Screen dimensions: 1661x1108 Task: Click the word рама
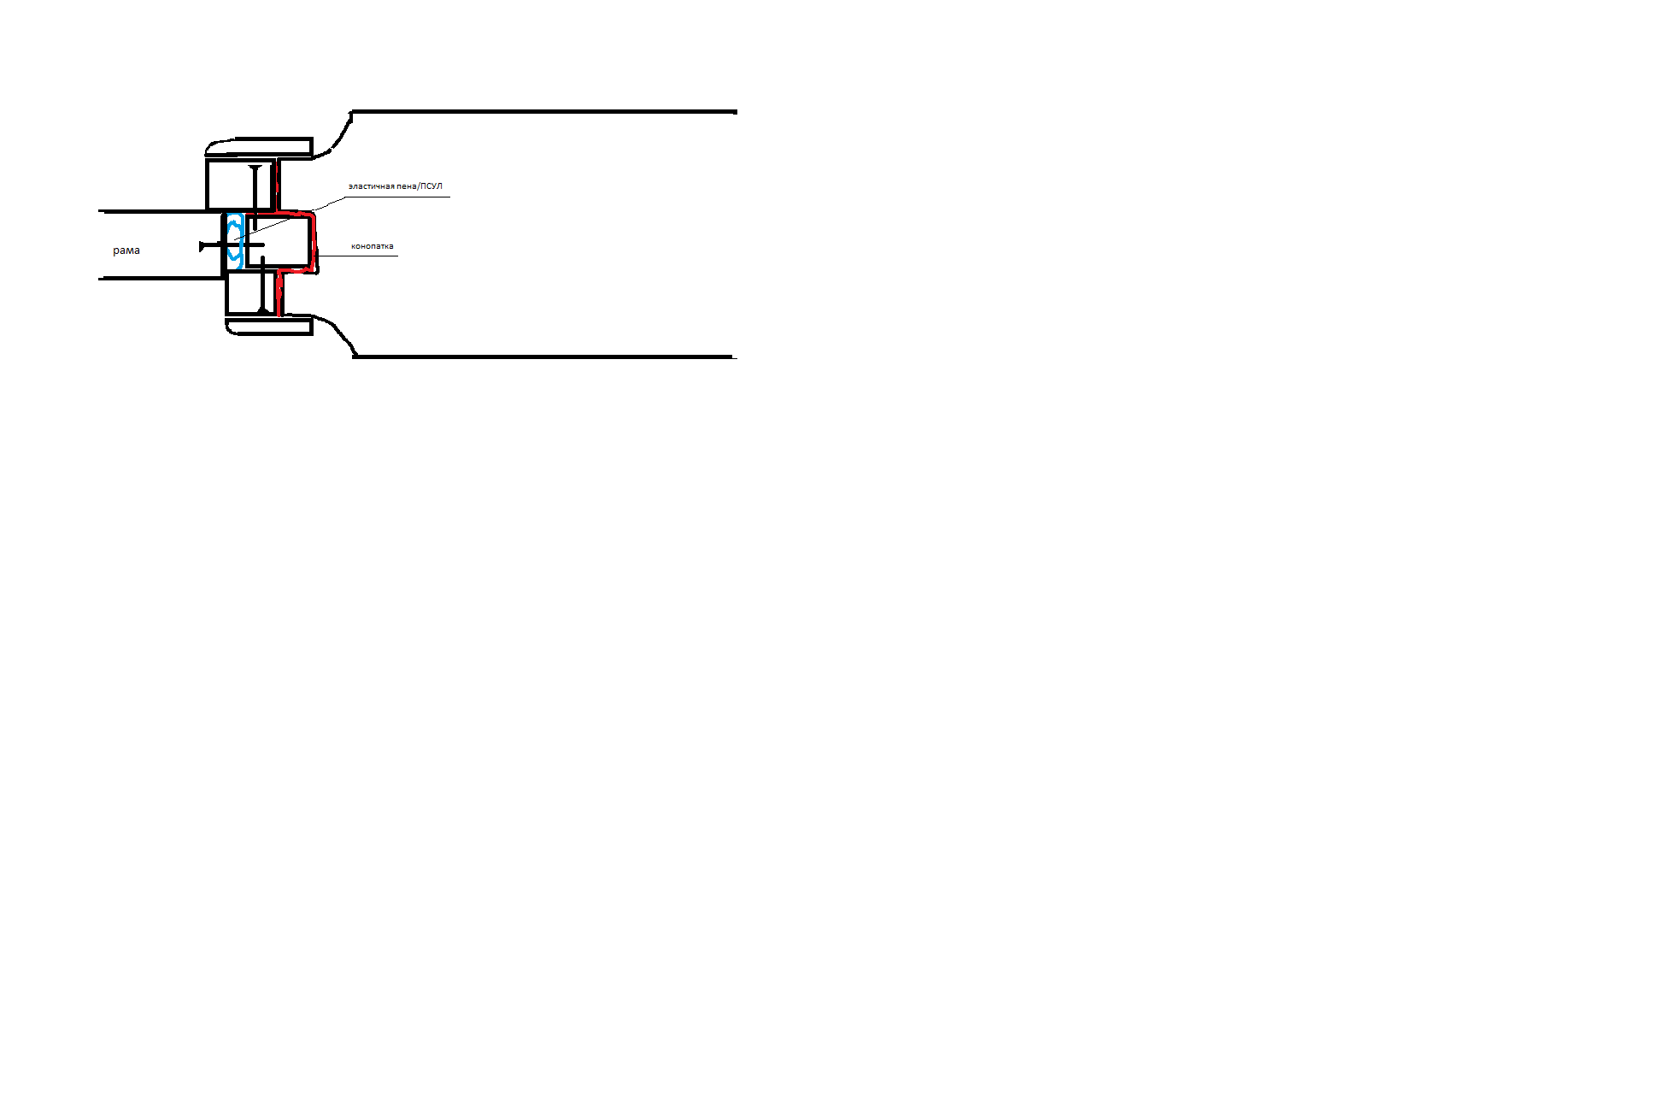pyautogui.click(x=126, y=250)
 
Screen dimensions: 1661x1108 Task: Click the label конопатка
pyautogui.click(x=373, y=246)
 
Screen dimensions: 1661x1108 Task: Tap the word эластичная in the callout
pyautogui.click(x=372, y=186)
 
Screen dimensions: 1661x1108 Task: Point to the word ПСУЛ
pyautogui.click(x=432, y=186)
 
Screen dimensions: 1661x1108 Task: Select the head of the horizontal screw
pyautogui.click(x=202, y=246)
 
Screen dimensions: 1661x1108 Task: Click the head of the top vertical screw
pyautogui.click(x=255, y=167)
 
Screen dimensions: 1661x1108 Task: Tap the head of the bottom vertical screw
pyautogui.click(x=263, y=311)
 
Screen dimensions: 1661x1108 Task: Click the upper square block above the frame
pyautogui.click(x=241, y=184)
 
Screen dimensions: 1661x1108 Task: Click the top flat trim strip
pyautogui.click(x=260, y=147)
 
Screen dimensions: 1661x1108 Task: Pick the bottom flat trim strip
pyautogui.click(x=269, y=326)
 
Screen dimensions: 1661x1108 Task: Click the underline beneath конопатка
pyautogui.click(x=358, y=256)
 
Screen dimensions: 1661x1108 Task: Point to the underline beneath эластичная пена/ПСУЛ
pyautogui.click(x=397, y=197)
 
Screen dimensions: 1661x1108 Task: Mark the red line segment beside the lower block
pyautogui.click(x=279, y=293)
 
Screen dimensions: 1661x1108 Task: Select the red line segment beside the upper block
pyautogui.click(x=277, y=185)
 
